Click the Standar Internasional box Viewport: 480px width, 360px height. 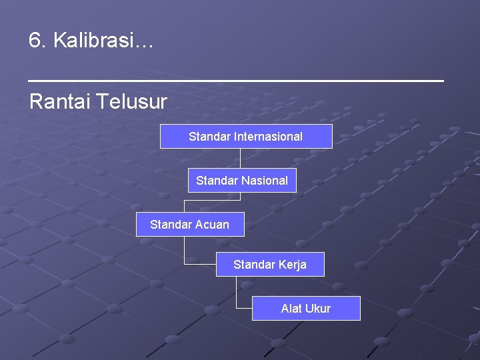tap(246, 136)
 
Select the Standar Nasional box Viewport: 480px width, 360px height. tap(242, 180)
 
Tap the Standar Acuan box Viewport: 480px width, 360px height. tap(190, 224)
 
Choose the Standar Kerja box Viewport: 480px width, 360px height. tap(270, 265)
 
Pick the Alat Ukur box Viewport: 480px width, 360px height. tap(306, 308)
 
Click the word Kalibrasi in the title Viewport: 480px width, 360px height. tap(93, 41)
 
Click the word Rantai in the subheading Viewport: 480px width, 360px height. tap(60, 102)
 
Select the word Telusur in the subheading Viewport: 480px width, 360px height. tap(131, 102)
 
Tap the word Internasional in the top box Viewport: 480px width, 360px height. tap(268, 137)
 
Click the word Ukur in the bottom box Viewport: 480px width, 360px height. tap(318, 309)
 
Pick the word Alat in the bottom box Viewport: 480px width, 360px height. tap(292, 309)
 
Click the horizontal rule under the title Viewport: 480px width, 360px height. tap(236, 80)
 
